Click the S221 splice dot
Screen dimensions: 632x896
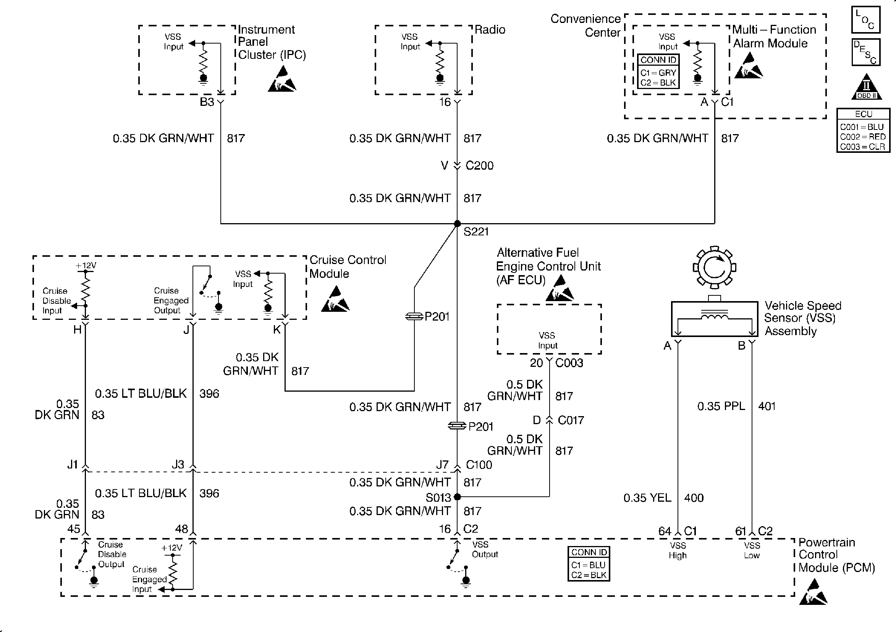[457, 224]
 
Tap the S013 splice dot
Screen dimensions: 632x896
[458, 497]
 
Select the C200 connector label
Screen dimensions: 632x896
[479, 165]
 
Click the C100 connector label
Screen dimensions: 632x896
[479, 465]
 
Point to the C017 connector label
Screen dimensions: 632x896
[571, 420]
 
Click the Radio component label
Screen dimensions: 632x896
[490, 30]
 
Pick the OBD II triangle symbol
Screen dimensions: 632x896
[866, 87]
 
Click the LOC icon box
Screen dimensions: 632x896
[865, 19]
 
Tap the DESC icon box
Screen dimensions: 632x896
[865, 52]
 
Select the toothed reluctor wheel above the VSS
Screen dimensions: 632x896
[714, 267]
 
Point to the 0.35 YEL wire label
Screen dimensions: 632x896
[647, 498]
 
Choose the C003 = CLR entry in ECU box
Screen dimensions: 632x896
[862, 146]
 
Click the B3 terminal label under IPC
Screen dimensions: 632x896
[207, 102]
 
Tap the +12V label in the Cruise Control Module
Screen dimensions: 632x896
[86, 266]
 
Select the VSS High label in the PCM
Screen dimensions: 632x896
[678, 550]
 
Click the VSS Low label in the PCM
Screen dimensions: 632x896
[752, 550]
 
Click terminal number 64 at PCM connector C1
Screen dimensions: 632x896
[665, 531]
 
